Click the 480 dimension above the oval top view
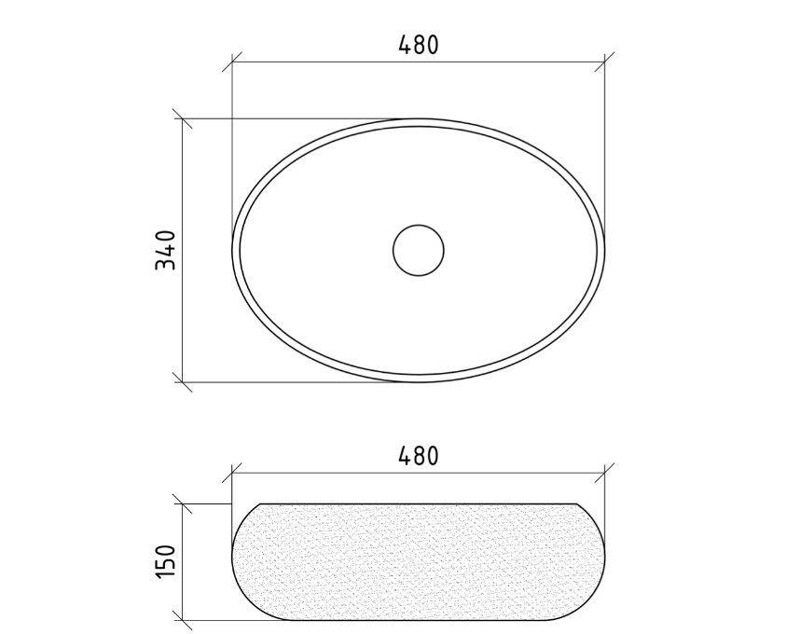point(418,45)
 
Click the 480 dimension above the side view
point(418,456)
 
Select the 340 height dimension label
point(165,250)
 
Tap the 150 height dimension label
point(165,561)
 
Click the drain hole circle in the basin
point(419,251)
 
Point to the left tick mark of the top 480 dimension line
point(232,62)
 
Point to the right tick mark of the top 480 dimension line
point(604,62)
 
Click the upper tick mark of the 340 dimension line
point(182,118)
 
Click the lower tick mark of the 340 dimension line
point(182,381)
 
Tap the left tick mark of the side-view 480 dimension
point(232,473)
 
